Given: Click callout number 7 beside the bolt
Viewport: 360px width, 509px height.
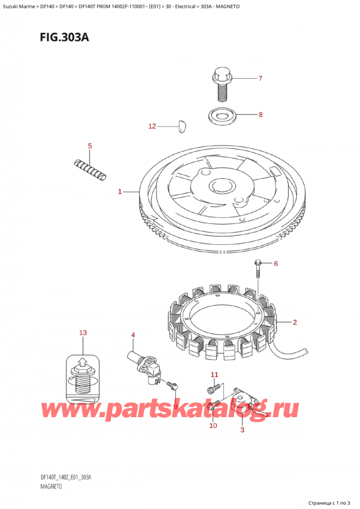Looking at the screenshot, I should tap(260, 78).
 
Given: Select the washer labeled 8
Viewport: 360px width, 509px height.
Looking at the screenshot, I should tap(222, 113).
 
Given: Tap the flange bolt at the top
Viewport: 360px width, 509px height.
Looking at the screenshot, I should tap(221, 84).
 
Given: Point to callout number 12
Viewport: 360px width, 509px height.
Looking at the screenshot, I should tap(152, 126).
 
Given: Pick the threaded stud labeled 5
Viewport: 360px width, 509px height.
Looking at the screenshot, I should tap(91, 168).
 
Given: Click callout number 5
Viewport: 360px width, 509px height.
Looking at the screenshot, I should tap(89, 146).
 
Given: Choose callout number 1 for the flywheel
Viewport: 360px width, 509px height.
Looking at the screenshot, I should tap(120, 192).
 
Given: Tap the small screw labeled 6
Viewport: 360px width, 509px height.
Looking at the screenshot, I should tap(259, 269).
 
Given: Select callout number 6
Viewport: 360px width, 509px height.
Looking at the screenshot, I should tap(276, 264).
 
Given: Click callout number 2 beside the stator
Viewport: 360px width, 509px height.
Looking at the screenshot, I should tap(295, 323).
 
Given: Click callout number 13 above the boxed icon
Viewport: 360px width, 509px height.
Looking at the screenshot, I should tap(83, 333).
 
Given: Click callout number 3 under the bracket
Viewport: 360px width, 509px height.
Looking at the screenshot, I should tap(242, 430).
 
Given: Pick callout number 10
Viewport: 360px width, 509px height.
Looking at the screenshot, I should tap(212, 426).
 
